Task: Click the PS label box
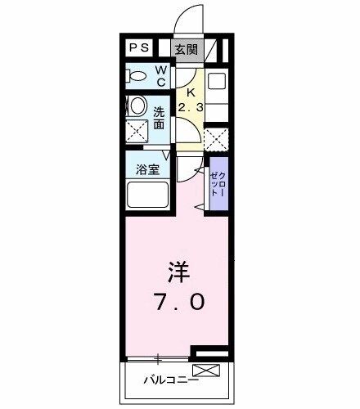click(x=139, y=48)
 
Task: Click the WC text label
click(x=162, y=76)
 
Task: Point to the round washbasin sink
click(x=138, y=106)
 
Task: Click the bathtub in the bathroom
click(x=148, y=197)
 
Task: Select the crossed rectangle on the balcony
click(x=207, y=372)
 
